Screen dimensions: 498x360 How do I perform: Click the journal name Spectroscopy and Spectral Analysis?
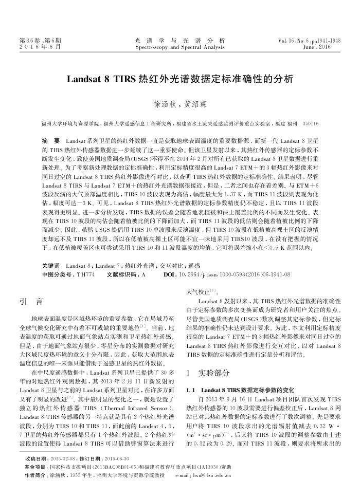(179, 47)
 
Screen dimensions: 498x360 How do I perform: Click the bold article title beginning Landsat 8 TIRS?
(179, 80)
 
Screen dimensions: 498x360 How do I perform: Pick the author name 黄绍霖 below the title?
(196, 104)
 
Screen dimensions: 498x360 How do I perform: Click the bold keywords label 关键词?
(50, 266)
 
